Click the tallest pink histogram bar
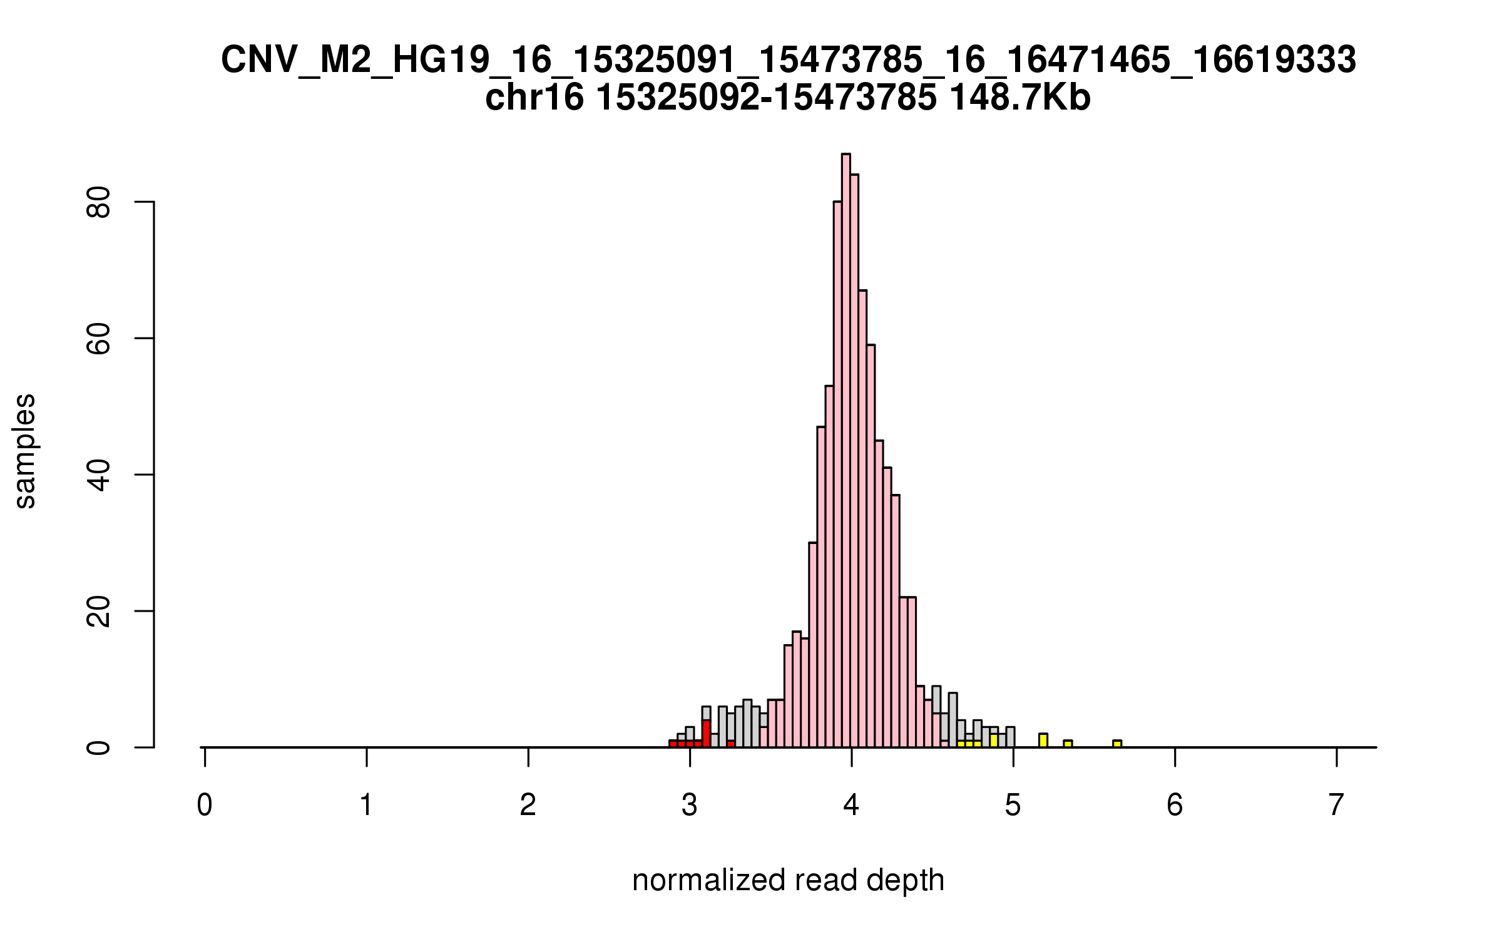coord(846,451)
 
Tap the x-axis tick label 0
coord(205,805)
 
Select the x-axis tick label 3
coord(690,805)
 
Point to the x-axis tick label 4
coord(851,805)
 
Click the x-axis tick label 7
coord(1336,805)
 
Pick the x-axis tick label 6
coord(1175,805)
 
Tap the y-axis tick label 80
coord(99,202)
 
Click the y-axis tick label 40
coord(99,475)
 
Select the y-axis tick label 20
coord(99,611)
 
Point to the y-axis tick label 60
coord(99,339)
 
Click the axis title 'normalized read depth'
coord(788,880)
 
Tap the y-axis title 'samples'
coord(25,451)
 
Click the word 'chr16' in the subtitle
coord(534,98)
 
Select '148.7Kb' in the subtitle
coord(1020,98)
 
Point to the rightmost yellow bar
coord(1117,744)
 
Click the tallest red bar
coord(706,733)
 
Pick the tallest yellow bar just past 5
coord(1043,741)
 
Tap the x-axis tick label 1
coord(366,805)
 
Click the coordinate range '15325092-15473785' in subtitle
coord(766,98)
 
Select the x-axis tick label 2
coord(528,805)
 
